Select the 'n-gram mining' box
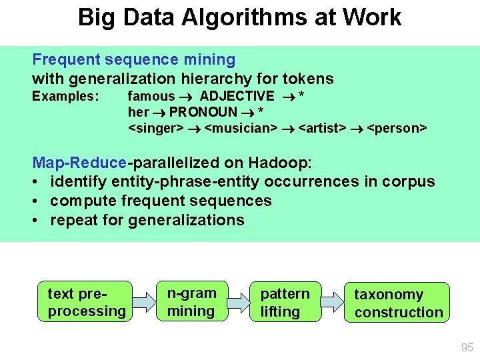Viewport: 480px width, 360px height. pyautogui.click(x=191, y=301)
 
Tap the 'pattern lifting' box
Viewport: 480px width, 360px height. pyautogui.click(x=285, y=302)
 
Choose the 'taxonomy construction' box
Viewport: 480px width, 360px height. pyautogui.click(x=397, y=303)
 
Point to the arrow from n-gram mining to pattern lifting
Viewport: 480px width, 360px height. pyautogui.click(x=238, y=302)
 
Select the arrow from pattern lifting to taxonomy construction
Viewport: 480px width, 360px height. pyautogui.click(x=332, y=302)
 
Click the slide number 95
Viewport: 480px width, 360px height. pyautogui.click(x=466, y=347)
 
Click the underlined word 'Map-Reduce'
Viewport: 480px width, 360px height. pyautogui.click(x=79, y=162)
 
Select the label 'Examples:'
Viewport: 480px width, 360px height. pyautogui.click(x=65, y=96)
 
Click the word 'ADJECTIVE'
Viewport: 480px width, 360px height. pyautogui.click(x=237, y=96)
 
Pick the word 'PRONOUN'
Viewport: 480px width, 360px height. pyautogui.click(x=203, y=111)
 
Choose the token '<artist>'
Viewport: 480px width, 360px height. pyautogui.click(x=322, y=127)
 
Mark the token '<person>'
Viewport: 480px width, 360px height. pyautogui.click(x=397, y=127)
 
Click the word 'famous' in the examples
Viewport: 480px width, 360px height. pyautogui.click(x=151, y=96)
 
